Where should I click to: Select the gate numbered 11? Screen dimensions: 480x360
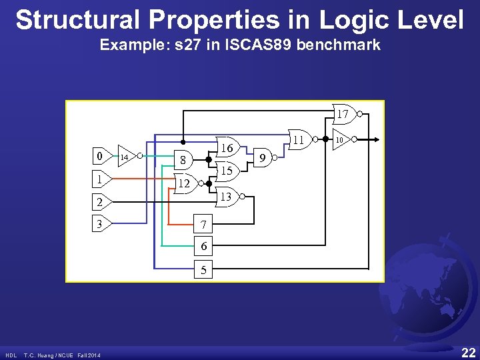pyautogui.click(x=299, y=141)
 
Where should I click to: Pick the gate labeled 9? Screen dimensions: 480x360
pyautogui.click(x=263, y=158)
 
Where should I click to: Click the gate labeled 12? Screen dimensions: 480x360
pyautogui.click(x=185, y=183)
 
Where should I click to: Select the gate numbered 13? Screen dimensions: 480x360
pyautogui.click(x=227, y=197)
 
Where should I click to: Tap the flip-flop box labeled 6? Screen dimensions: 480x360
pyautogui.click(x=203, y=247)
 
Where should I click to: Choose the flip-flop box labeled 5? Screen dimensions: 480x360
pyautogui.click(x=203, y=270)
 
